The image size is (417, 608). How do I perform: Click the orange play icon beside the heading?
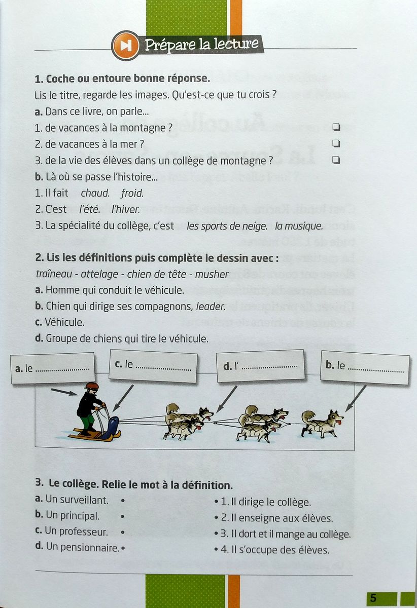[x=125, y=45]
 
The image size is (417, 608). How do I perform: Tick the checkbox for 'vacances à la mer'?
[x=335, y=143]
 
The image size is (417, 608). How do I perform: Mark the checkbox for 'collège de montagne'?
[x=335, y=160]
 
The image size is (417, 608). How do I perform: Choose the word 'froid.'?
[x=132, y=193]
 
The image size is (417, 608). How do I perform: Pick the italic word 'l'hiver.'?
[x=125, y=209]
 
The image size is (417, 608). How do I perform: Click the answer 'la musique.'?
[x=299, y=226]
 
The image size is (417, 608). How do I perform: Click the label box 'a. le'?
[x=52, y=368]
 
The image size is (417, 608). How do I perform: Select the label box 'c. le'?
[x=153, y=365]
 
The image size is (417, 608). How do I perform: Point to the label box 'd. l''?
[x=260, y=365]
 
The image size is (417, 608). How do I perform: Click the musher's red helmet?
[x=92, y=386]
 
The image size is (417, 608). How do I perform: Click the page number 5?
[x=373, y=598]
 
